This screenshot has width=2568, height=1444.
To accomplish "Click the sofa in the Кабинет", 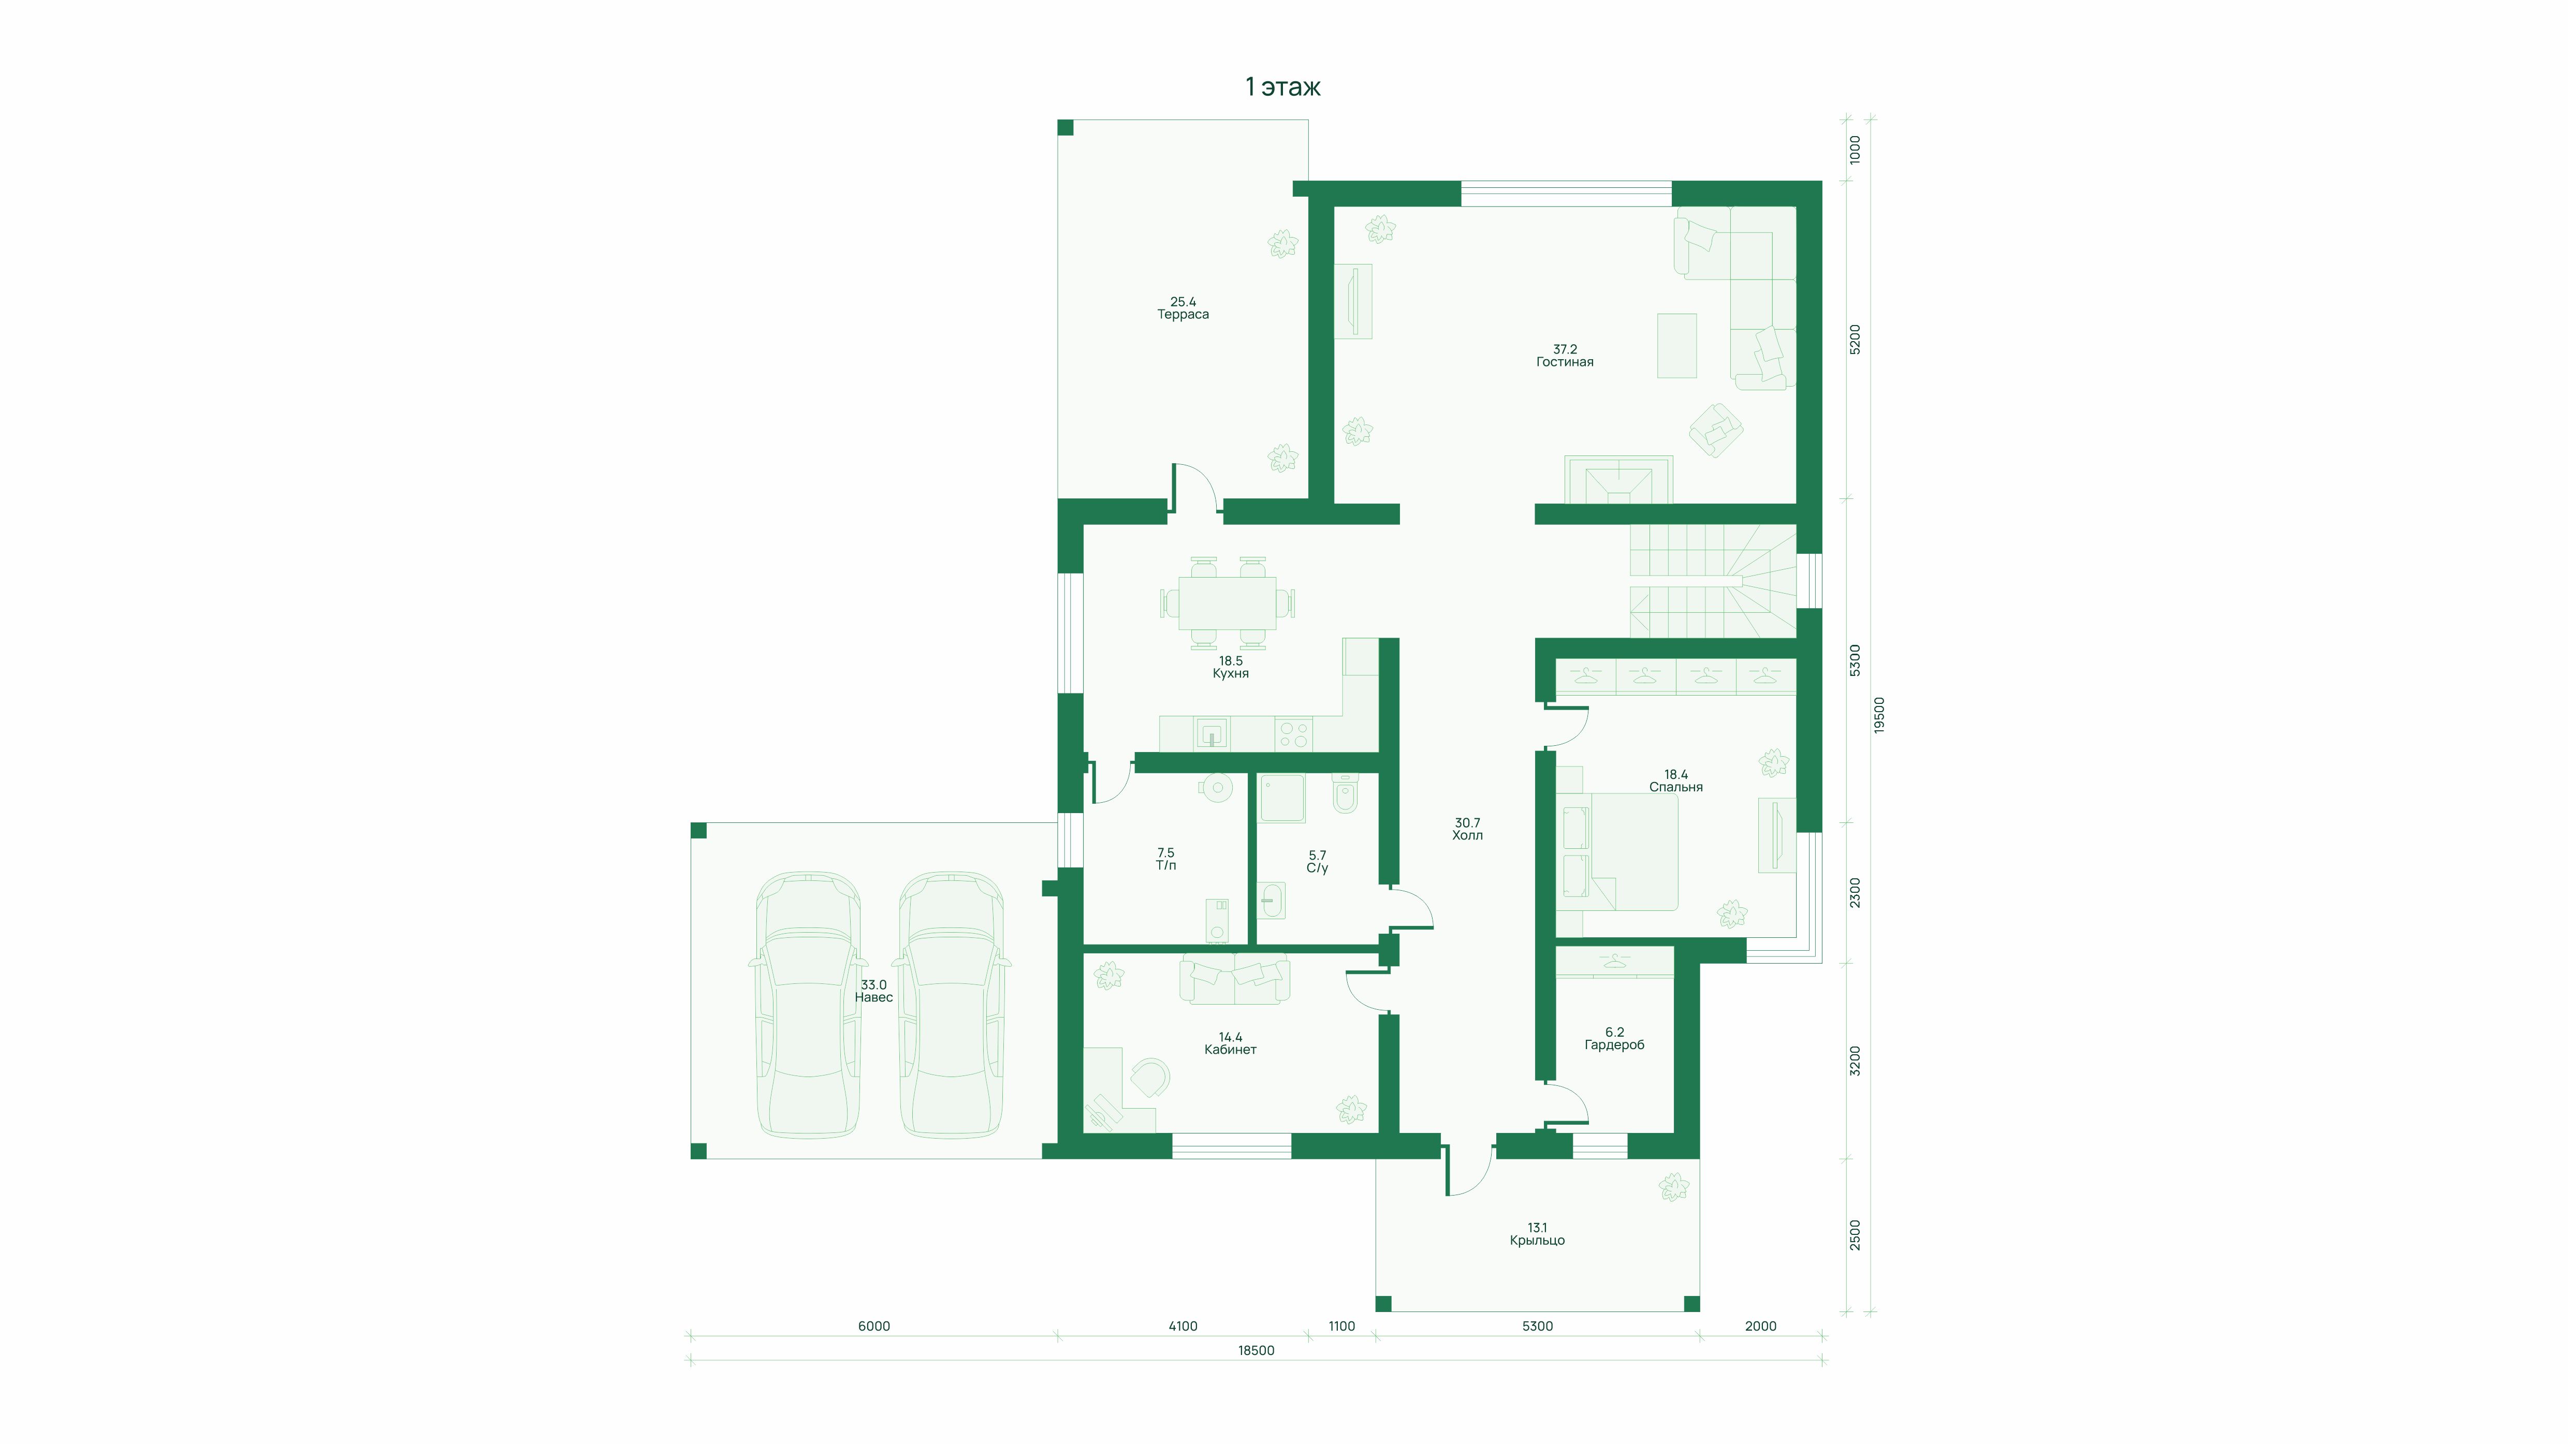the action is (x=1234, y=979).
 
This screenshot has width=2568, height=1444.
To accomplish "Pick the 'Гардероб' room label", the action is (x=1614, y=1045).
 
